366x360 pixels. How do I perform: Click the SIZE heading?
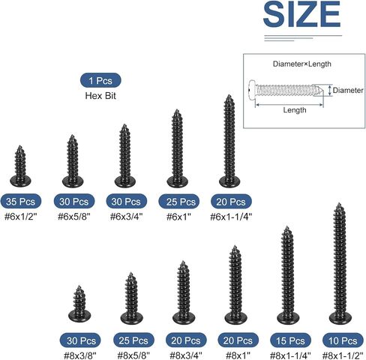click(x=301, y=14)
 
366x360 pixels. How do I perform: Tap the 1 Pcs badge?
click(x=100, y=80)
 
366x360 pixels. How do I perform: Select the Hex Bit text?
click(x=100, y=96)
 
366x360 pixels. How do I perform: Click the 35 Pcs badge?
click(x=21, y=201)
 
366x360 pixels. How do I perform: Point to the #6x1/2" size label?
click(x=21, y=217)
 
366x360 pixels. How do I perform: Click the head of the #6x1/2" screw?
click(x=20, y=181)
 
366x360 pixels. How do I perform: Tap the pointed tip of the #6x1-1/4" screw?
click(x=229, y=95)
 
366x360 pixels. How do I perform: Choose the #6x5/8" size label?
click(x=74, y=217)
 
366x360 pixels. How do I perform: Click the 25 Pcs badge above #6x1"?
click(x=179, y=201)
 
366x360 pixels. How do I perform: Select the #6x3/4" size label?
click(x=127, y=217)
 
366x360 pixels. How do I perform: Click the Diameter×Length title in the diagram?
click(x=302, y=64)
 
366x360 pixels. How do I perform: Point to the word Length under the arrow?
click(x=295, y=110)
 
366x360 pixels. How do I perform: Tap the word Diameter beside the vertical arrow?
click(x=348, y=90)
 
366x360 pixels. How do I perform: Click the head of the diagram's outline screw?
click(x=252, y=90)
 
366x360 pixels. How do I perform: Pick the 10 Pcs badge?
click(x=343, y=340)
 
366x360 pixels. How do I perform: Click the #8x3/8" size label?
click(x=80, y=355)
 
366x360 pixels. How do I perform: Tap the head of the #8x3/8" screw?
click(x=79, y=316)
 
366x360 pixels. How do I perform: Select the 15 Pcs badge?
click(x=290, y=340)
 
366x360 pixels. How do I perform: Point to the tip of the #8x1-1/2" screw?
click(x=339, y=204)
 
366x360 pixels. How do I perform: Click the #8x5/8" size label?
click(x=133, y=355)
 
